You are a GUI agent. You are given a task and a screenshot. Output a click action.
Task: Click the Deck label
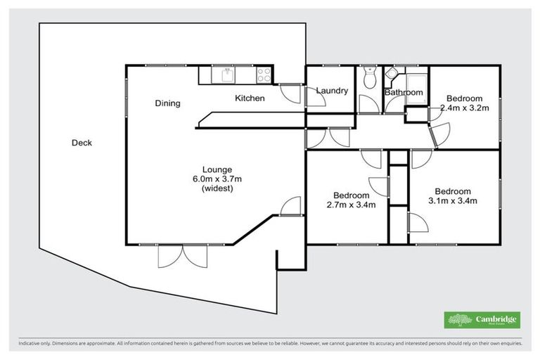click(82, 143)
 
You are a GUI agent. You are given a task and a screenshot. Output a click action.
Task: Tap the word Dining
click(167, 103)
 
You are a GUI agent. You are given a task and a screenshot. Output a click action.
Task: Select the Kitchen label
click(250, 98)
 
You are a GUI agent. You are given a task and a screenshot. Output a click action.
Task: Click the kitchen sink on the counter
click(228, 73)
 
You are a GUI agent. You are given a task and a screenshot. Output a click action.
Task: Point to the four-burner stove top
click(265, 72)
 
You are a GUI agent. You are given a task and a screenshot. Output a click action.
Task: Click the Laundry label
click(332, 91)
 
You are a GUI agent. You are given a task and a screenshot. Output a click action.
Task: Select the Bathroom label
click(404, 93)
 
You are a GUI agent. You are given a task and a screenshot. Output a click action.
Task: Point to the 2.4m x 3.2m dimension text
click(463, 108)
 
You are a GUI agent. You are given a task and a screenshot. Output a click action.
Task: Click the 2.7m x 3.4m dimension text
click(351, 205)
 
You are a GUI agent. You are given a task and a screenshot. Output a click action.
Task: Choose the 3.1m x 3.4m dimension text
click(452, 201)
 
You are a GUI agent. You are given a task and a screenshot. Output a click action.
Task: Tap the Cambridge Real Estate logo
click(482, 320)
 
